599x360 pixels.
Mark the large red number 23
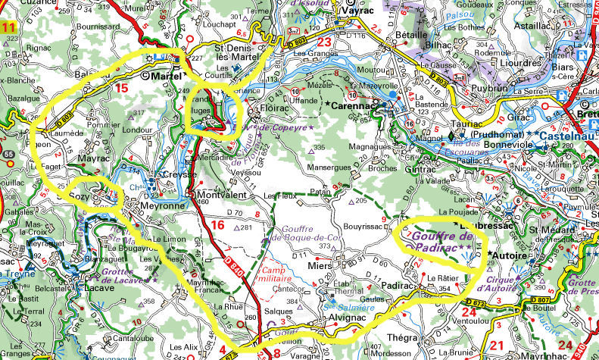(325, 42)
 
